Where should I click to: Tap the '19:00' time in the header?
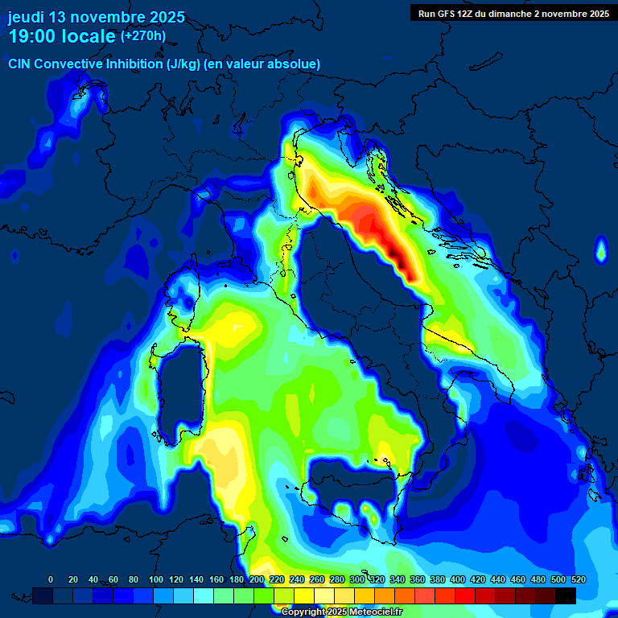click(x=31, y=36)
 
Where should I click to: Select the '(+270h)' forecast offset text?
click(x=143, y=36)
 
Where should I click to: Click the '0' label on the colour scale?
click(x=51, y=579)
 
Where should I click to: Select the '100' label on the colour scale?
click(x=155, y=579)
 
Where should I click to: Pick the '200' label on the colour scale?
click(x=257, y=579)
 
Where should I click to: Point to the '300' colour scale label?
click(x=357, y=579)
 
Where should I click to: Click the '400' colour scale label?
click(x=458, y=579)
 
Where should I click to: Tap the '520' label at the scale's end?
click(x=578, y=579)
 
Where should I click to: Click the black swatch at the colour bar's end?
click(x=566, y=595)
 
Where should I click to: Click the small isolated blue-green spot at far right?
click(x=600, y=251)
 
